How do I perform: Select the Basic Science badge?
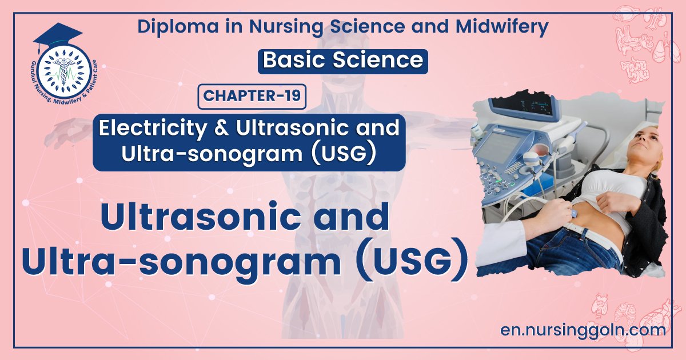342,61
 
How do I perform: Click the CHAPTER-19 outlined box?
252,96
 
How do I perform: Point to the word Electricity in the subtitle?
149,128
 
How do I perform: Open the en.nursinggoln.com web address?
583,330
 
